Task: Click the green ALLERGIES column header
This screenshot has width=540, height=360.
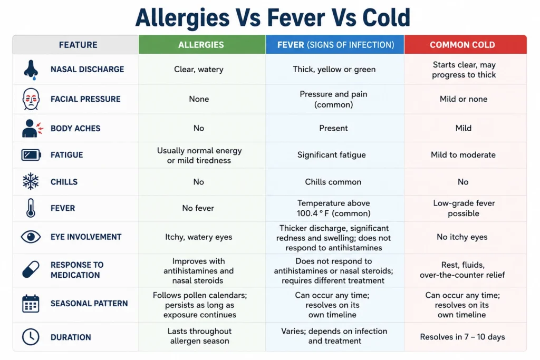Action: pos(202,45)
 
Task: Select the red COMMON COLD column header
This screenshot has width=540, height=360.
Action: pos(465,45)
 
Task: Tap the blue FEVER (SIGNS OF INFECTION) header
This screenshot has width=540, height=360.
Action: pos(335,45)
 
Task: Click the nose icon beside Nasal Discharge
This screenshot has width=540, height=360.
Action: pos(31,70)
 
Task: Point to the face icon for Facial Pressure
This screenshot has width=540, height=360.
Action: pos(31,99)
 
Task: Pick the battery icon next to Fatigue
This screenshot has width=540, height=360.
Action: pos(31,155)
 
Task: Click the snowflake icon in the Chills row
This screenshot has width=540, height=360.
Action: pos(31,181)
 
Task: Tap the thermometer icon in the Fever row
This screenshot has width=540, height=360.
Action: pos(31,208)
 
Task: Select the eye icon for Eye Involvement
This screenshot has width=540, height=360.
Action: pos(31,237)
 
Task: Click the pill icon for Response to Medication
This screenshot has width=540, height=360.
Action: pos(31,269)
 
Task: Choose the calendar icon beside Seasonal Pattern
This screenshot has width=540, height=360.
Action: pos(31,304)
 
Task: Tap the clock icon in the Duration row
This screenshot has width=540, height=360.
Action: pos(31,337)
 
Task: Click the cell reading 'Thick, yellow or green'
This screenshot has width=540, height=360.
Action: pos(334,70)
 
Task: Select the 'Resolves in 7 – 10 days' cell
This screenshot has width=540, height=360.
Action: pos(462,337)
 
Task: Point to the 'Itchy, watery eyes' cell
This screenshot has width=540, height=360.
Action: pos(199,237)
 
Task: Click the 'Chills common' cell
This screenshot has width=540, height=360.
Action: pos(333,182)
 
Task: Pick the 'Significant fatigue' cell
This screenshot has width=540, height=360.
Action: pos(332,155)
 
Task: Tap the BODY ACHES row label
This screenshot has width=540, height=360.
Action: pos(75,129)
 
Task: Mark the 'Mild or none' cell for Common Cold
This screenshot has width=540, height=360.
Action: pos(464,99)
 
